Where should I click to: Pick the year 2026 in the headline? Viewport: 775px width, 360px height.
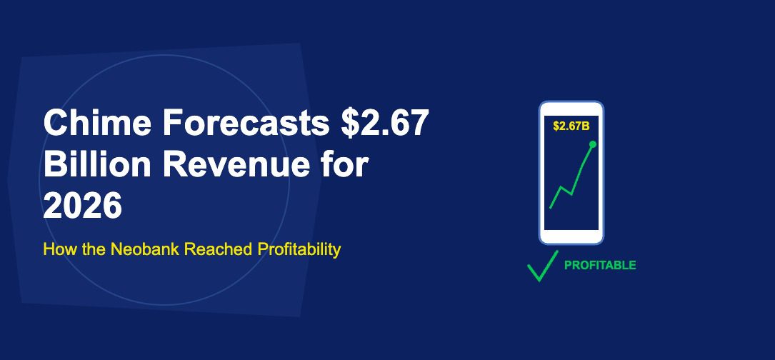tap(83, 207)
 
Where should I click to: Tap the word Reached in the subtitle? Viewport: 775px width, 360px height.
tap(213, 250)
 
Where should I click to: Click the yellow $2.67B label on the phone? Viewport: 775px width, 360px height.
tap(571, 126)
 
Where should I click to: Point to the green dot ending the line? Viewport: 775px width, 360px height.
tap(593, 144)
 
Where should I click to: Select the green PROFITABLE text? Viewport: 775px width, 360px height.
tap(600, 265)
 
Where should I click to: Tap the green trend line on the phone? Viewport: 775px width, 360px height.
tap(580, 171)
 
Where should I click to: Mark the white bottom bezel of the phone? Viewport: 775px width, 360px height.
tap(571, 236)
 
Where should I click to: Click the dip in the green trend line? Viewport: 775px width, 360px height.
tap(570, 194)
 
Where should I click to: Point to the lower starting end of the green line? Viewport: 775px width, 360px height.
tap(550, 207)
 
